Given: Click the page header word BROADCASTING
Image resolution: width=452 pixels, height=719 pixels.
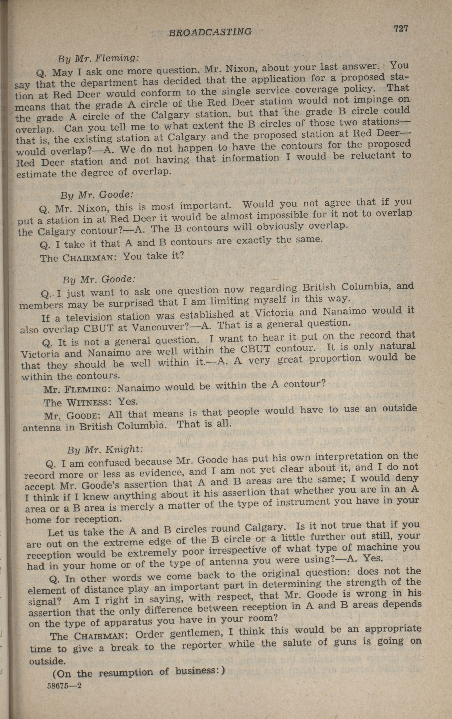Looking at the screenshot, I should [x=210, y=32].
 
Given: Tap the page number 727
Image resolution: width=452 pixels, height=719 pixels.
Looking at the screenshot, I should [x=401, y=29].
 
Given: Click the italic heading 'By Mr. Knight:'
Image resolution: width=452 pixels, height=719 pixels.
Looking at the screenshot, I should [x=105, y=449].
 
